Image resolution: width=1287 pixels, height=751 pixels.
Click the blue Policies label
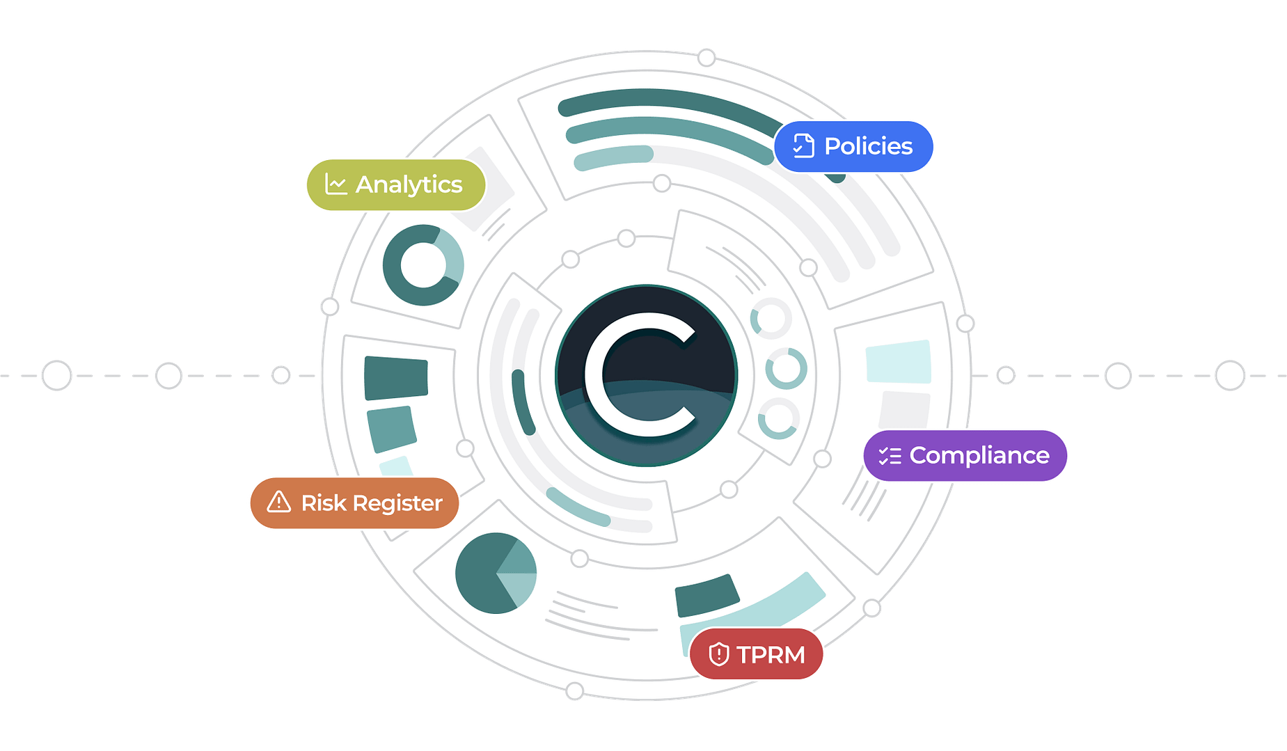point(854,146)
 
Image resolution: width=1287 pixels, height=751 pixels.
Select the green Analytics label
point(395,184)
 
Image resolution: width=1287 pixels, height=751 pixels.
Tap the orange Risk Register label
point(354,503)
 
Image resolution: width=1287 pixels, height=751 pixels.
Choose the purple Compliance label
point(965,455)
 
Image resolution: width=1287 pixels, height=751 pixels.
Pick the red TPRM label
point(757,654)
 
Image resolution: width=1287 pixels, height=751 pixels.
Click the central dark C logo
point(645,375)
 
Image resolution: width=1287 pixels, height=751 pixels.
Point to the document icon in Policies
point(803,146)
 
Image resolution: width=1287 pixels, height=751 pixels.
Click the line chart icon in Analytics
point(336,184)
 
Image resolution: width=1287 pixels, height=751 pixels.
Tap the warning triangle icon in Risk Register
point(279,502)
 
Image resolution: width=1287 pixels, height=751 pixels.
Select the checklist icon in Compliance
point(890,456)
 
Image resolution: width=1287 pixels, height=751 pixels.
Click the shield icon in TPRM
point(718,654)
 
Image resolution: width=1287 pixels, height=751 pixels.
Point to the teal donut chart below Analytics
point(423,265)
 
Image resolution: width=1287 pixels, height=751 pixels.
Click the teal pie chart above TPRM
point(496,573)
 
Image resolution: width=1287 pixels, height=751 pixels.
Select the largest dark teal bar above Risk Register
point(396,378)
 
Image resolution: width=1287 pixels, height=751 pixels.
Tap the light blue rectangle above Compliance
point(899,361)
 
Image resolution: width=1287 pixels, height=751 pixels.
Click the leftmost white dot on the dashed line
point(56,375)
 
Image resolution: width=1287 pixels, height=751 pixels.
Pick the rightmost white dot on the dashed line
point(1230,375)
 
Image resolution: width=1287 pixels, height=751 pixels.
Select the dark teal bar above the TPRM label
point(706,596)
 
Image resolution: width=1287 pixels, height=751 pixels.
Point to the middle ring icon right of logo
point(786,369)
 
